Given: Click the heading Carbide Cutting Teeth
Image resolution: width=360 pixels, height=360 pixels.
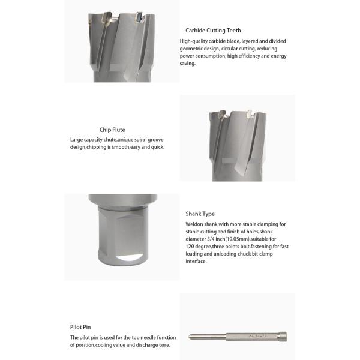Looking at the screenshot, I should tap(213, 30).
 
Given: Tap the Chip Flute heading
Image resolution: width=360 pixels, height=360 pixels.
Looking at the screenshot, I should tap(112, 130).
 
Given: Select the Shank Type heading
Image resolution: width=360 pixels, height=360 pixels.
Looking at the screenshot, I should tap(200, 214).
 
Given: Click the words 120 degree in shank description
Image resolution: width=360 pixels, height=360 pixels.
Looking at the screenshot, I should tap(197, 247).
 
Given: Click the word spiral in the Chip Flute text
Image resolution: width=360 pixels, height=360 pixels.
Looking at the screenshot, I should tap(142, 140).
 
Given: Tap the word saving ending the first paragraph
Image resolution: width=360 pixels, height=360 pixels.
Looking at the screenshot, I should tap(188, 63).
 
